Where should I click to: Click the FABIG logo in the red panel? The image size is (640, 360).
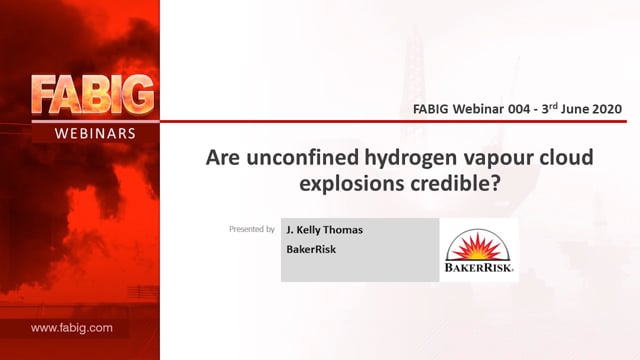tap(93, 95)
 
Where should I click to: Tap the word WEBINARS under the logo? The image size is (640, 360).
tap(95, 133)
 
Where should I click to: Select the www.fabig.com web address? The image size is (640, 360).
tap(71, 328)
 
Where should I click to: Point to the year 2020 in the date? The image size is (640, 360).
tap(607, 109)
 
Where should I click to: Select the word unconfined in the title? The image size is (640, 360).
tap(302, 157)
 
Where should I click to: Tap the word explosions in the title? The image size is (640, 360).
tap(352, 184)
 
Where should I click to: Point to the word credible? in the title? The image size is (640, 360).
tap(455, 183)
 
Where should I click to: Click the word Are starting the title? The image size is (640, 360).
tap(223, 158)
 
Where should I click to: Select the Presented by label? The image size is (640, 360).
tap(252, 229)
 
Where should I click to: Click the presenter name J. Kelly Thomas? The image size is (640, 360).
tap(324, 230)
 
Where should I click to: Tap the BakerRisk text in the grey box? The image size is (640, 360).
tap(311, 249)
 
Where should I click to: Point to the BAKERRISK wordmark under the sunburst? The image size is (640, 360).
tap(478, 268)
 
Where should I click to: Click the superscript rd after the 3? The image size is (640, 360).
tap(553, 106)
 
